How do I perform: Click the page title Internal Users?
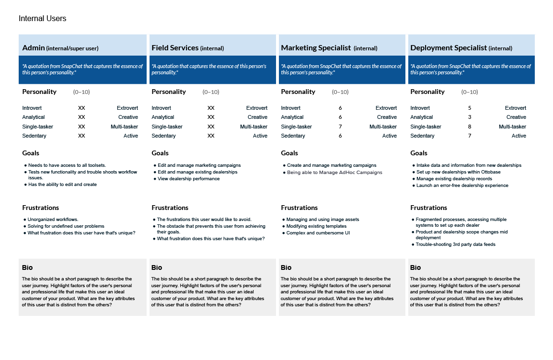42,19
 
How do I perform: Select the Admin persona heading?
60,48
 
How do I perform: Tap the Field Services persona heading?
187,48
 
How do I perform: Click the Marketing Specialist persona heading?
329,48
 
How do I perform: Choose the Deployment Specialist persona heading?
461,48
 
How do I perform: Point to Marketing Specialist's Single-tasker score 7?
340,127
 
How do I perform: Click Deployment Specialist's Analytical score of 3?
470,117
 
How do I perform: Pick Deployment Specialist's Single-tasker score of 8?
470,127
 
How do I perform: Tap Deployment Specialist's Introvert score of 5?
470,108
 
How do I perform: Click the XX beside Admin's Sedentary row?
81,136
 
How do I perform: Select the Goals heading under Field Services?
160,153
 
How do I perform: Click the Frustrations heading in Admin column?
41,208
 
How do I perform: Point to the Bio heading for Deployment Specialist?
415,267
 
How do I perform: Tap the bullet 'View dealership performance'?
188,179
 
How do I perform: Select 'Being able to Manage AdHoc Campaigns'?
334,172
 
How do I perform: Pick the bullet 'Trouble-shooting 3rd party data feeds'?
455,244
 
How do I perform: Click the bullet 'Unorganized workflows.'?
53,220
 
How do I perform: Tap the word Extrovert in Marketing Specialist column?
386,108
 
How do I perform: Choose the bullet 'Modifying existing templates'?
316,226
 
